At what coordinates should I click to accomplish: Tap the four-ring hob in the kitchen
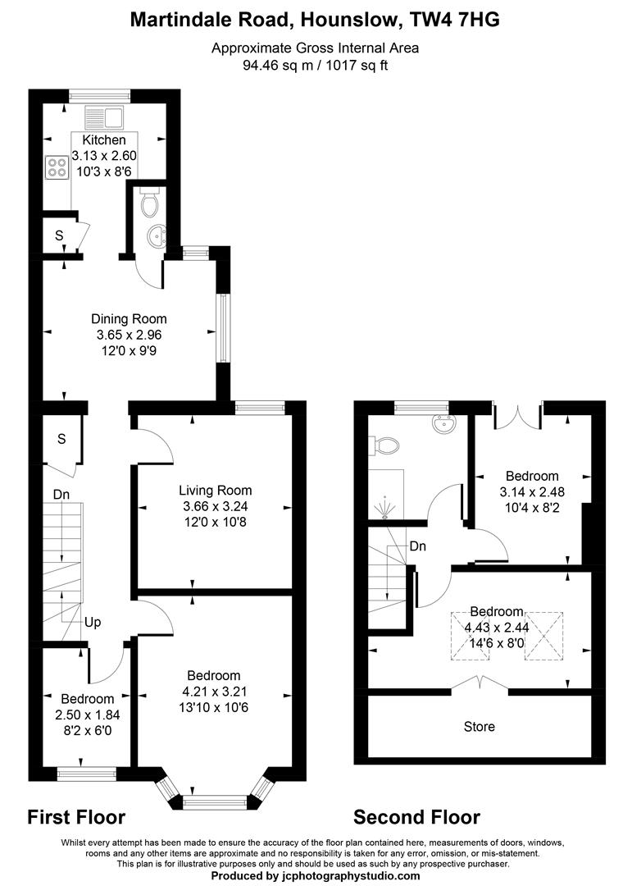(x=57, y=167)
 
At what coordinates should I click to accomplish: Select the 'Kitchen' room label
(x=98, y=141)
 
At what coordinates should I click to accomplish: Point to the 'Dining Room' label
(x=129, y=319)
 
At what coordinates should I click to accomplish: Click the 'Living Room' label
(x=215, y=491)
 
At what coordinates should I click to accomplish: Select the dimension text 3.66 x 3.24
(x=215, y=506)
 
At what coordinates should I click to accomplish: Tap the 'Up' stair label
(x=93, y=623)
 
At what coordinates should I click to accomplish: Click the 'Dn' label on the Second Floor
(x=418, y=546)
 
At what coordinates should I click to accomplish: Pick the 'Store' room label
(x=480, y=727)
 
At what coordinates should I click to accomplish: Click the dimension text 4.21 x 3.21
(x=213, y=692)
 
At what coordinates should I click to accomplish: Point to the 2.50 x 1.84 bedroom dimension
(x=80, y=714)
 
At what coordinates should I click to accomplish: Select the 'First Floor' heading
(x=76, y=817)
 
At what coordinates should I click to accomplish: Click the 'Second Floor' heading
(x=416, y=817)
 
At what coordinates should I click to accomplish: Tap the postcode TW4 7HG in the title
(x=454, y=21)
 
